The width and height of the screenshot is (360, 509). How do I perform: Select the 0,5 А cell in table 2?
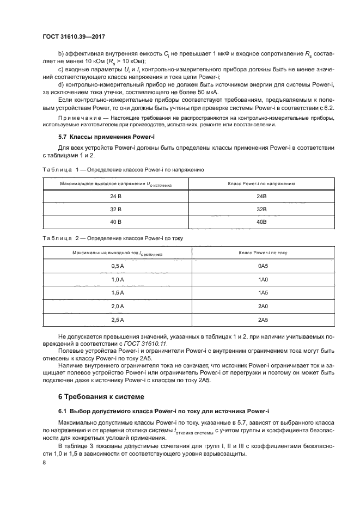tap(118, 266)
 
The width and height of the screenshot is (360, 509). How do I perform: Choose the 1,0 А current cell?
tap(118, 279)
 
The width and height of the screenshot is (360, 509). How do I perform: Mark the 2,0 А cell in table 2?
tap(118, 306)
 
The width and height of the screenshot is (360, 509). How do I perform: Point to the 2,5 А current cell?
tap(118, 319)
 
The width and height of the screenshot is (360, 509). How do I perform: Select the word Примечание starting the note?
tap(76, 118)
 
